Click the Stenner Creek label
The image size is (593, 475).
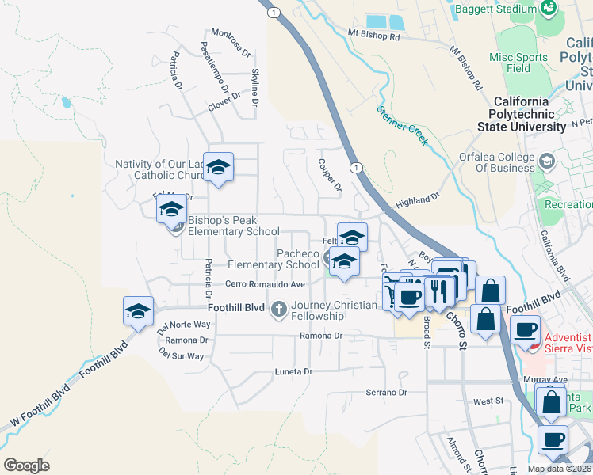pyautogui.click(x=402, y=125)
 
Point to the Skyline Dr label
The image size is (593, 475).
pyautogui.click(x=255, y=87)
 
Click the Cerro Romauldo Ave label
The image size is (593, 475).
pyautogui.click(x=265, y=284)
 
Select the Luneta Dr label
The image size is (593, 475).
pyautogui.click(x=294, y=371)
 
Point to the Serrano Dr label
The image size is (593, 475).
pyautogui.click(x=385, y=392)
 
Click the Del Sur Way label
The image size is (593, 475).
pyautogui.click(x=181, y=355)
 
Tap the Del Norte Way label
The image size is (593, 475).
pyautogui.click(x=183, y=325)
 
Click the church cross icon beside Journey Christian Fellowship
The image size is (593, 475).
pyautogui.click(x=278, y=307)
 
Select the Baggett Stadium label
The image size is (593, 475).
pyautogui.click(x=504, y=9)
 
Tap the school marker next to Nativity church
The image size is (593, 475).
pyautogui.click(x=218, y=167)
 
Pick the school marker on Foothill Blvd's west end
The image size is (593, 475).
pyautogui.click(x=138, y=311)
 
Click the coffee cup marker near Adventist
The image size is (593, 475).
pyautogui.click(x=525, y=329)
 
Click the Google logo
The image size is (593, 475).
pyautogui.click(x=26, y=465)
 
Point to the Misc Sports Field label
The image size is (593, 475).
pyautogui.click(x=518, y=63)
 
